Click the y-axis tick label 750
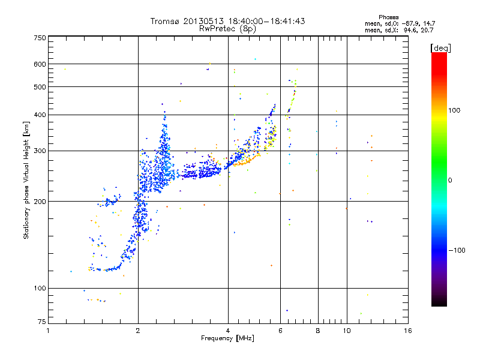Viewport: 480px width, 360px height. [40, 37]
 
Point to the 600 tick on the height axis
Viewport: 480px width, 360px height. [40, 64]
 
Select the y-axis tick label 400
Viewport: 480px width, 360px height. [40, 115]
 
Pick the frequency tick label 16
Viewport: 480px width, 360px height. [408, 331]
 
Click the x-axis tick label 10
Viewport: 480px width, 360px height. [346, 331]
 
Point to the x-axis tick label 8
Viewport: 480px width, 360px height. [318, 331]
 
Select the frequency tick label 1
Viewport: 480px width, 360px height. [48, 331]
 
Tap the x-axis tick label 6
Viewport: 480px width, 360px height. [280, 331]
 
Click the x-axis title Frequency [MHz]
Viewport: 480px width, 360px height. [227, 338]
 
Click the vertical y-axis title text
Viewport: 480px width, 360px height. [26, 180]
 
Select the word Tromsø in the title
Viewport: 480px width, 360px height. [167, 21]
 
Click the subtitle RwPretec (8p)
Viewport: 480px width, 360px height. [227, 28]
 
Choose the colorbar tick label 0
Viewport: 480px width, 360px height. [450, 180]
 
